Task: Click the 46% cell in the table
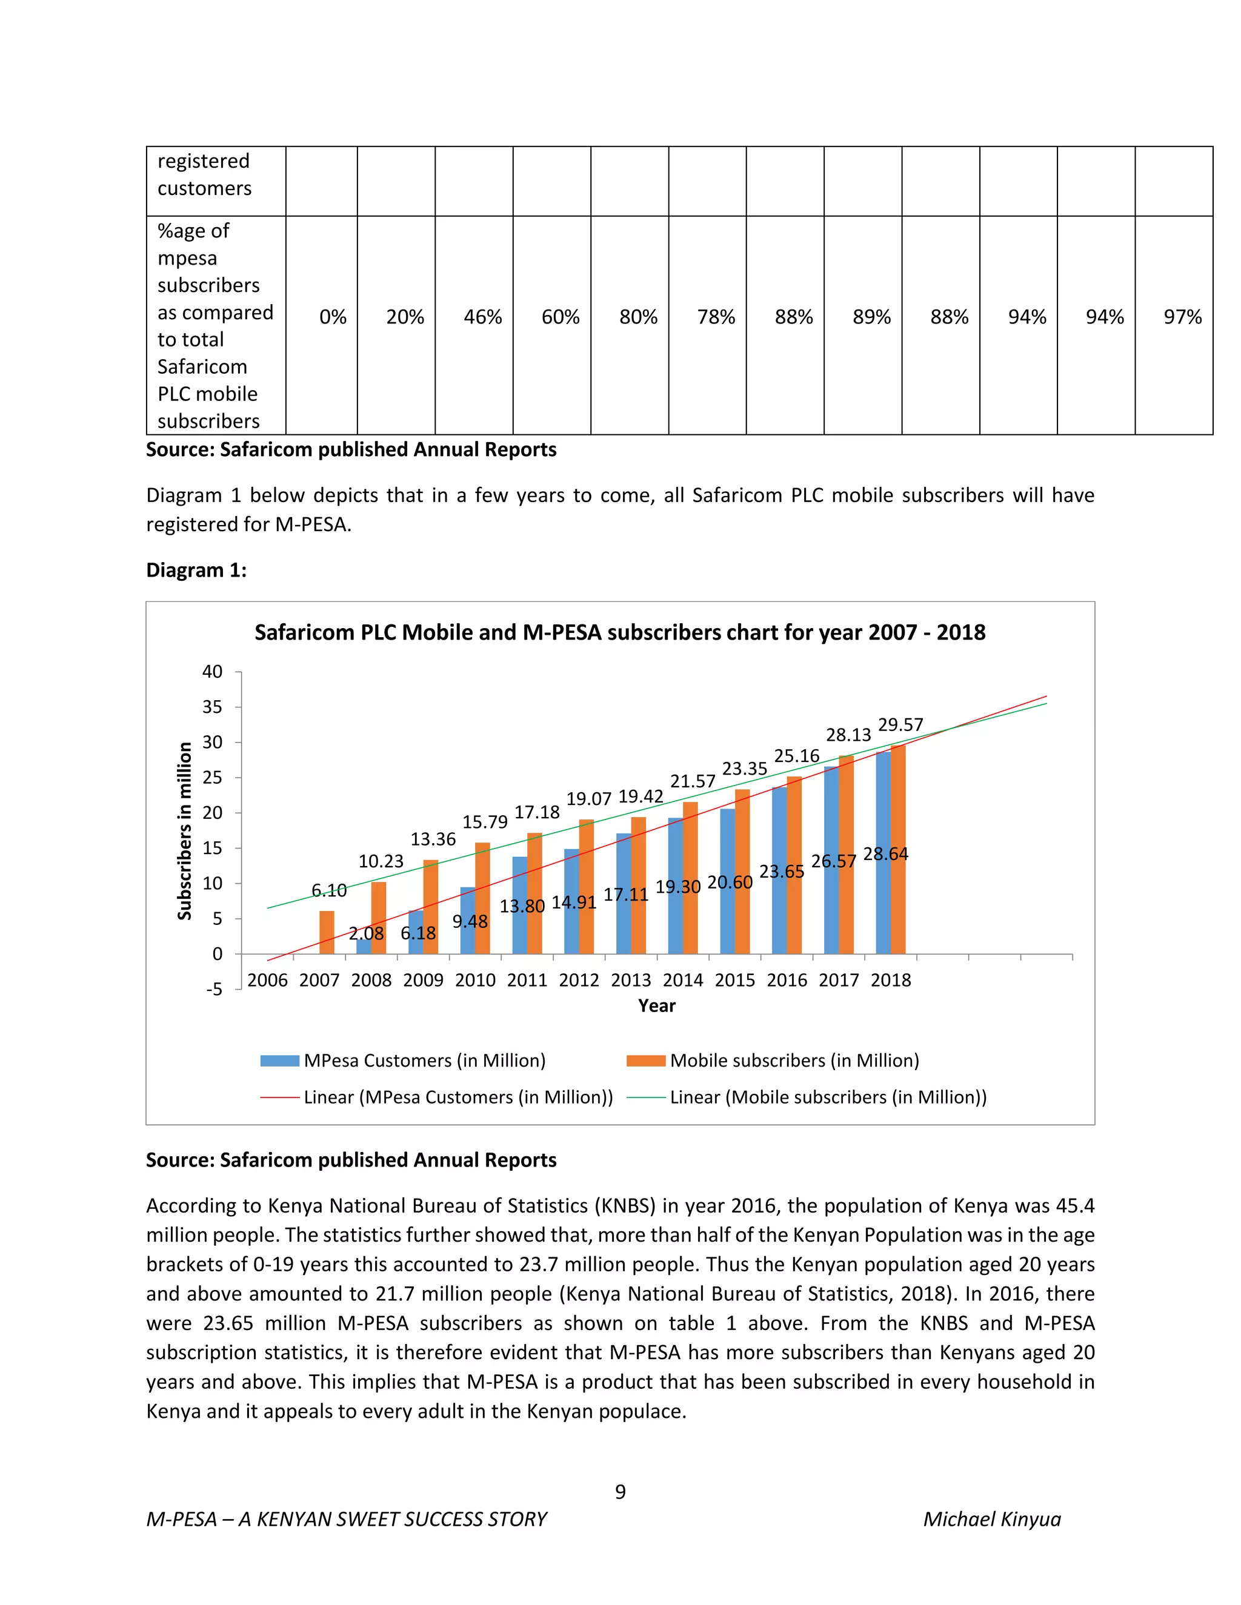482,317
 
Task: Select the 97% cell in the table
1182,317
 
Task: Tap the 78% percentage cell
716,317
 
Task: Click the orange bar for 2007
327,933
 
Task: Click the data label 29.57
900,726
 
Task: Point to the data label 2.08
366,934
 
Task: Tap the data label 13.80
522,906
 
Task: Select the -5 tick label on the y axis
213,989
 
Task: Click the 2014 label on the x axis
682,981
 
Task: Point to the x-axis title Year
656,1006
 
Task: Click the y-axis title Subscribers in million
185,830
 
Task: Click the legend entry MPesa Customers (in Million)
424,1061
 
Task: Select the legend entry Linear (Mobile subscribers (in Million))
828,1097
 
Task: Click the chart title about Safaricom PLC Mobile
620,633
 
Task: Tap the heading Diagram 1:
196,571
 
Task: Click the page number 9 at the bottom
620,1492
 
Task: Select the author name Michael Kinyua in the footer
992,1520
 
